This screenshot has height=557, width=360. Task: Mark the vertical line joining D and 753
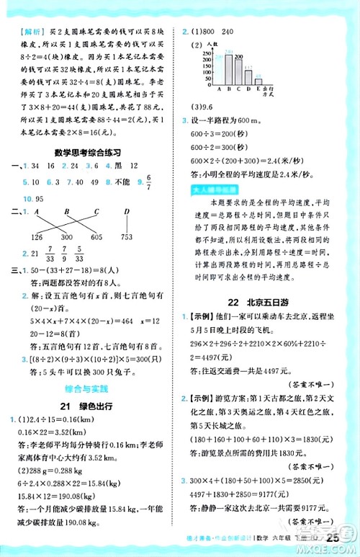tap(127, 224)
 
